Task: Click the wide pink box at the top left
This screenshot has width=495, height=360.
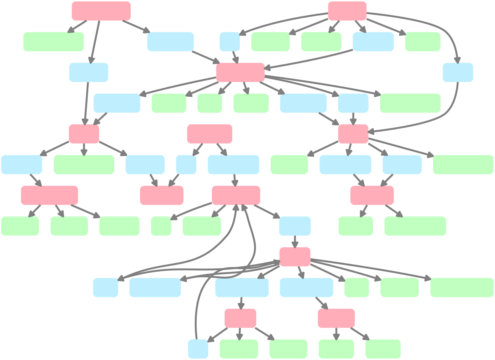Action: pos(101,11)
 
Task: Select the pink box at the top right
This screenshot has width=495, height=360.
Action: pos(347,11)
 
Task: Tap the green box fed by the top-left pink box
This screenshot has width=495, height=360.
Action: pos(54,42)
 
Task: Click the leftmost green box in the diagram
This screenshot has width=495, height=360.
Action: pos(20,226)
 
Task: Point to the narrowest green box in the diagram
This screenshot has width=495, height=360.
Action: pos(161,226)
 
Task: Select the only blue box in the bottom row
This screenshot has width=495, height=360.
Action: pos(198,349)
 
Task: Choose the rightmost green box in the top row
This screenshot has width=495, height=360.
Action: pos(423,42)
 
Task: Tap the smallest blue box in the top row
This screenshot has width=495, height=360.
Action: pos(230,42)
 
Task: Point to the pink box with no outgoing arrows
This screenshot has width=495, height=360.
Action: pos(162,196)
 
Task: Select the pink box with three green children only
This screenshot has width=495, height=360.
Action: pos(50,196)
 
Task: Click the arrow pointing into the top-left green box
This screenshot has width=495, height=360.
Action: pos(78,26)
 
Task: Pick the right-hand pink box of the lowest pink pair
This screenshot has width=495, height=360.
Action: pos(336,318)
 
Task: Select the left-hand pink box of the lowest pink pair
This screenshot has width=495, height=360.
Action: pos(240,318)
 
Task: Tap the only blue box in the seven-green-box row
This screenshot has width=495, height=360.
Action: pos(295,226)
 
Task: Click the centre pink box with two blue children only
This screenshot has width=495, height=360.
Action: pos(210,134)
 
